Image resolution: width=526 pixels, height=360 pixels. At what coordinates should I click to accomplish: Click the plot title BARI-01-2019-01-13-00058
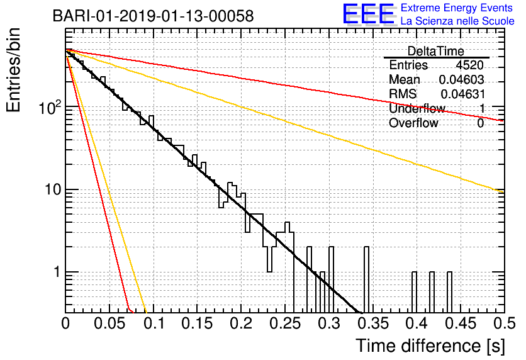pyautogui.click(x=154, y=16)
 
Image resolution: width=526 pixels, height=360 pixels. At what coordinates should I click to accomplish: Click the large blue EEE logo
pyautogui.click(x=369, y=14)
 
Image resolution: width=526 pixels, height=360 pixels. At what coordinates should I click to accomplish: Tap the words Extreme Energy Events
pyautogui.click(x=457, y=8)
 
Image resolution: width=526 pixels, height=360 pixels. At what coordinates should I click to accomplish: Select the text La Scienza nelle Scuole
pyautogui.click(x=457, y=21)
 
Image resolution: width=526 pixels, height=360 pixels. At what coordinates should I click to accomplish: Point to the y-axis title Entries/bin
pyautogui.click(x=13, y=70)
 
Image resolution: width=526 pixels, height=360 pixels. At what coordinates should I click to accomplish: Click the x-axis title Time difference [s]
pyautogui.click(x=430, y=346)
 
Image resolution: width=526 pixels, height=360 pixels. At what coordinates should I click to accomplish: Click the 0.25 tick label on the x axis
pyautogui.click(x=285, y=323)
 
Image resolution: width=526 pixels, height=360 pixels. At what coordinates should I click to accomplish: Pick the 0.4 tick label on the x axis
pyautogui.click(x=417, y=323)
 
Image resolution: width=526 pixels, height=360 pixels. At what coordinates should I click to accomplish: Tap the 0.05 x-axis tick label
pyautogui.click(x=109, y=323)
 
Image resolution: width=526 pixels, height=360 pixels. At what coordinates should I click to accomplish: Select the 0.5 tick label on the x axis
pyautogui.click(x=504, y=323)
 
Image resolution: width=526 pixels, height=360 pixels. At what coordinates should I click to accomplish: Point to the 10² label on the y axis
pyautogui.click(x=50, y=107)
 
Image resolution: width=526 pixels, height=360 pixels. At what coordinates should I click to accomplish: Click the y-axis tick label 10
pyautogui.click(x=53, y=190)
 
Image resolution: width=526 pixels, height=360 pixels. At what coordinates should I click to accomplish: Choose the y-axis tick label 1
pyautogui.click(x=57, y=272)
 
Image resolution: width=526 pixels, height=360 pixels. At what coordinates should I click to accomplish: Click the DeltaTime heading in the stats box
pyautogui.click(x=436, y=51)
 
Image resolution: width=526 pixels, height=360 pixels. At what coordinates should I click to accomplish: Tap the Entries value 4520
pyautogui.click(x=469, y=65)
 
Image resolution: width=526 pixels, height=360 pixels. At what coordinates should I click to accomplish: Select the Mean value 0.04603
pyautogui.click(x=462, y=79)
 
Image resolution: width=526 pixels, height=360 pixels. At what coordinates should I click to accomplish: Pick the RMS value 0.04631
pyautogui.click(x=462, y=94)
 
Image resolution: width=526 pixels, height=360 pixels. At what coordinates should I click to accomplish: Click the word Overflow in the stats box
pyautogui.click(x=413, y=123)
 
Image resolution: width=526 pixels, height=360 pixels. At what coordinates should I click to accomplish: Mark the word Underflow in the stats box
pyautogui.click(x=417, y=108)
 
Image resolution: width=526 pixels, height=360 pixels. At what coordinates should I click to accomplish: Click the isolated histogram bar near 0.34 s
pyautogui.click(x=366, y=280)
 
